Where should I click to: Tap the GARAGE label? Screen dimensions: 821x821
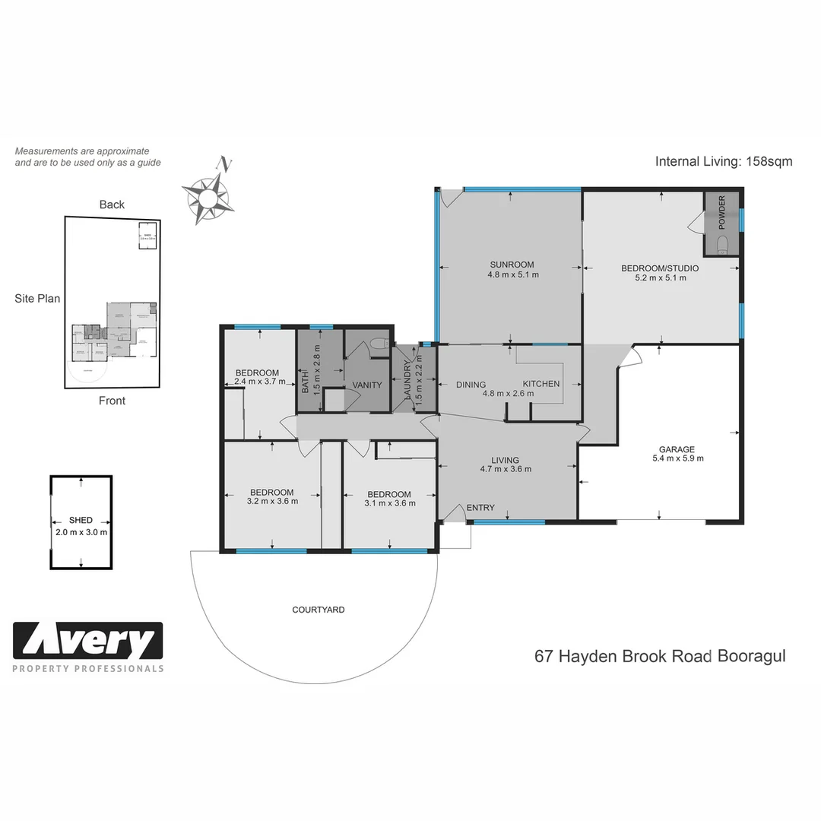pos(677,449)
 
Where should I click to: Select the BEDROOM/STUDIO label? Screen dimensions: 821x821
pos(660,268)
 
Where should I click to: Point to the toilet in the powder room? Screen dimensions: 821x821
pos(722,244)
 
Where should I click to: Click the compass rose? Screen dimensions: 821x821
pos(207,196)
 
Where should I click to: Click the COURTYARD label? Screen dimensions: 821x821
pos(319,610)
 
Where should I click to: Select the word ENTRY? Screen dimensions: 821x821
pos(480,508)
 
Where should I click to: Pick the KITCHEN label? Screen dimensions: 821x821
pos(540,384)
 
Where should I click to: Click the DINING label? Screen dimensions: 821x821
pos(471,385)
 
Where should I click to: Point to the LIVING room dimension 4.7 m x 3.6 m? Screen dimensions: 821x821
pos(505,469)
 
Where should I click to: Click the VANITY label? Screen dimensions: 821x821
pos(366,385)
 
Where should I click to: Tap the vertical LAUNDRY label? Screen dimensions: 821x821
pos(407,379)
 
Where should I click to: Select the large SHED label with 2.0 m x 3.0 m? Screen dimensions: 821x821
pos(81,520)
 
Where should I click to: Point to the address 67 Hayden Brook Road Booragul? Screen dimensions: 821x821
pos(660,656)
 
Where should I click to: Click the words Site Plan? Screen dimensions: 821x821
pos(37,299)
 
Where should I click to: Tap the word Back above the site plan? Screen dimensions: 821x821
pos(112,204)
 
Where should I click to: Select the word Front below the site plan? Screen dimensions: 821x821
pos(112,401)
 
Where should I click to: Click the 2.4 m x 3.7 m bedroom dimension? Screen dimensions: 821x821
pos(259,382)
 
